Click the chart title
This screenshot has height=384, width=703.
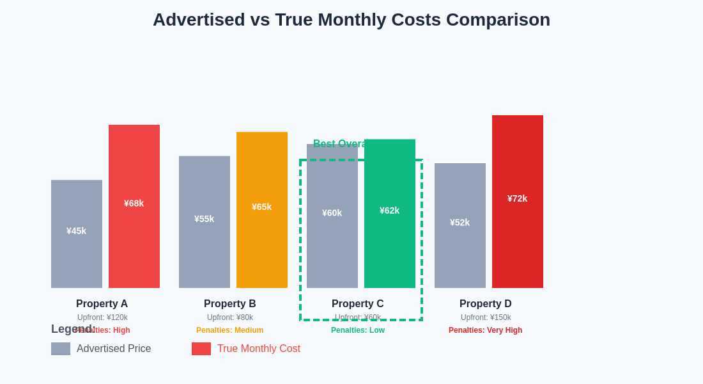(351, 20)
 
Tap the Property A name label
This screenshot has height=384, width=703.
(102, 304)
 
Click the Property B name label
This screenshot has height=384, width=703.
(230, 304)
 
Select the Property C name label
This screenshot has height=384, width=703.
(358, 304)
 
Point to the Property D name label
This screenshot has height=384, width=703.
(486, 304)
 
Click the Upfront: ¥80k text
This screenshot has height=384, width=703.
(230, 317)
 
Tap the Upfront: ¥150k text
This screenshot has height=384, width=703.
(486, 317)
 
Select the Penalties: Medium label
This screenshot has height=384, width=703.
(230, 330)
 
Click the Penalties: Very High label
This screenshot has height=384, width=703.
(486, 330)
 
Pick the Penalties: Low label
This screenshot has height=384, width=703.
(358, 330)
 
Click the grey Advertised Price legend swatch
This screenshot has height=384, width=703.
(61, 349)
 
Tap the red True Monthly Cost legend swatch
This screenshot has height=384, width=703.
(201, 349)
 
